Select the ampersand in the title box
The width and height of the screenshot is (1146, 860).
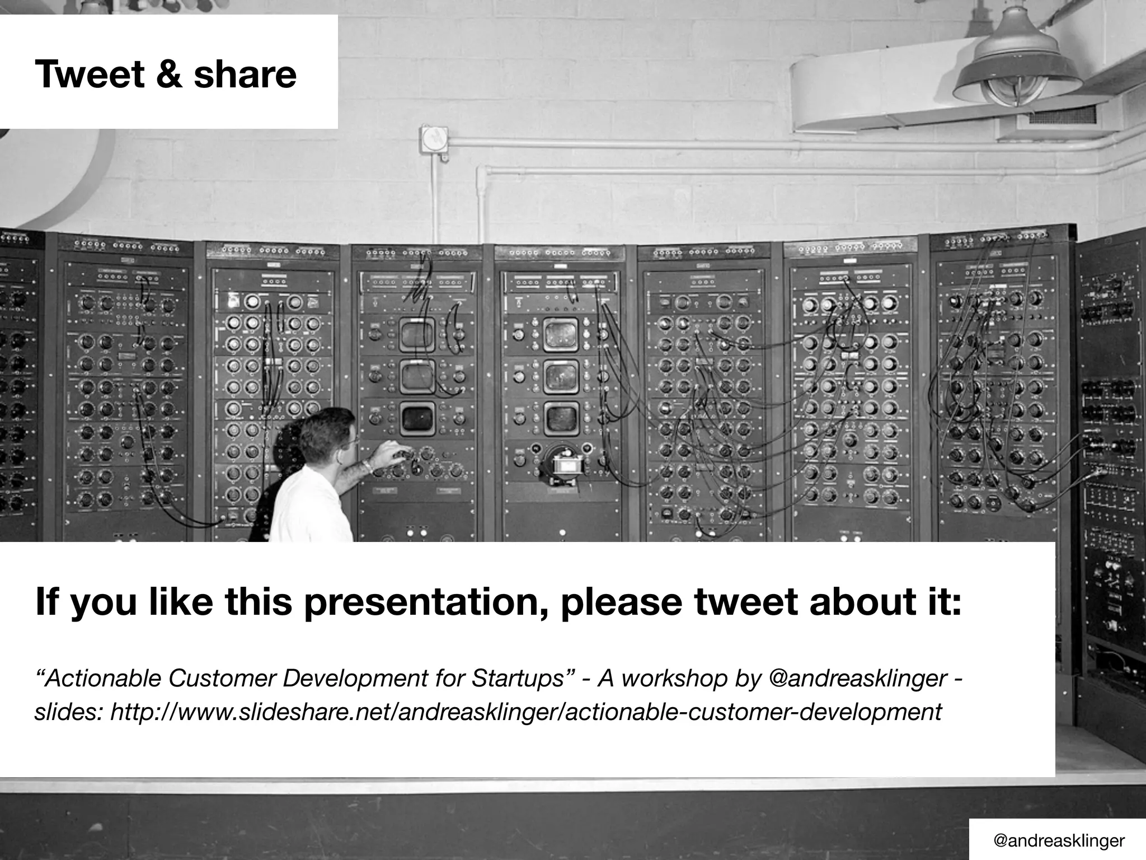pos(169,74)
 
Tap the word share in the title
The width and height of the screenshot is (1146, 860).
pos(245,74)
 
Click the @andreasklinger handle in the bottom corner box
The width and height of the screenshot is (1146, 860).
pos(1058,840)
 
